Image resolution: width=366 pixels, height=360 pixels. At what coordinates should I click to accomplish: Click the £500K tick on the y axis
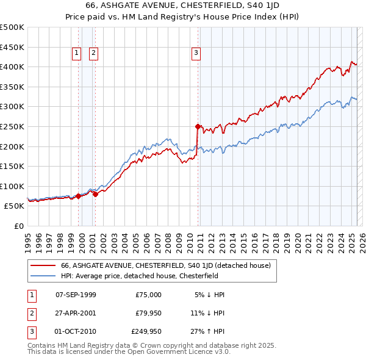pyautogui.click(x=12, y=27)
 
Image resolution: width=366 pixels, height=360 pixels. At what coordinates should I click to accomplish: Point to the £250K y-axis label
pyautogui.click(x=12, y=126)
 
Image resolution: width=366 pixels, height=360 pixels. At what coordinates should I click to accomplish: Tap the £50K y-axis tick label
pyautogui.click(x=15, y=206)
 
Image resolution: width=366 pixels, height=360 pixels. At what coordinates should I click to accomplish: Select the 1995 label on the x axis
pyautogui.click(x=28, y=237)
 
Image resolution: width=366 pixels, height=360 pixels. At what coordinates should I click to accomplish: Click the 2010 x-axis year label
pyautogui.click(x=195, y=237)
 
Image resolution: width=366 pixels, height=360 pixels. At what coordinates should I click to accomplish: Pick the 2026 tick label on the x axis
pyautogui.click(x=362, y=237)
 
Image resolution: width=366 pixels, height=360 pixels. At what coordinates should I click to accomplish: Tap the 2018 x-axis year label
pyautogui.click(x=284, y=237)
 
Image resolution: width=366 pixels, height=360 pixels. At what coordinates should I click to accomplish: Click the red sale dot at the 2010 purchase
pyautogui.click(x=198, y=127)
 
